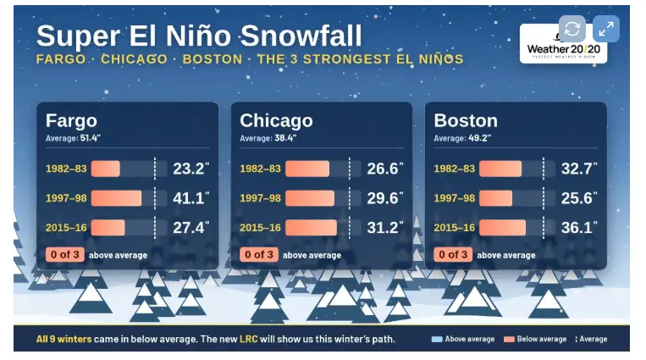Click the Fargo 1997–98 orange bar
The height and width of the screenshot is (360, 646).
(x=116, y=198)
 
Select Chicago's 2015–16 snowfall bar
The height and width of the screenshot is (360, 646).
(x=311, y=227)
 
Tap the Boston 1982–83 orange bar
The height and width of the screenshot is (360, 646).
(x=500, y=169)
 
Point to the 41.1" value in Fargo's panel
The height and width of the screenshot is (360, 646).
(x=190, y=198)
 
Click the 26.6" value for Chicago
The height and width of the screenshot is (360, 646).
(x=384, y=169)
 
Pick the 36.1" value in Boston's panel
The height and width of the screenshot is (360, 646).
(x=579, y=227)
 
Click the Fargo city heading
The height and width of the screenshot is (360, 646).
(x=71, y=120)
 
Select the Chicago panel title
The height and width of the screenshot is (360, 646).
(x=276, y=120)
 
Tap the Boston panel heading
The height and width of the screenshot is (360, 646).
(x=466, y=120)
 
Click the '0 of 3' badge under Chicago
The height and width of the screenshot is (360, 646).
(x=259, y=255)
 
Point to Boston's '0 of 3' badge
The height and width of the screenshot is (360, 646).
(x=453, y=255)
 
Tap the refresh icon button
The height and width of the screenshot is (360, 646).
(x=572, y=29)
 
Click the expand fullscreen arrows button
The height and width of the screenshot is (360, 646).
(x=606, y=29)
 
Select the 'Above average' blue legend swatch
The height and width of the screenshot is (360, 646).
(x=437, y=340)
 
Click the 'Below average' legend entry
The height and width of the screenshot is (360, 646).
(x=535, y=340)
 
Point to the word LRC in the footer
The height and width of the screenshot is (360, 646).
(x=249, y=340)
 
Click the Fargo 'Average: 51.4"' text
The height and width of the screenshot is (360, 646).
(x=73, y=138)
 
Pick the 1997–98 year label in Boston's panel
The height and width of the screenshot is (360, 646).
(x=455, y=198)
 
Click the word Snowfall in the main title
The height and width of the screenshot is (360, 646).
(x=301, y=36)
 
